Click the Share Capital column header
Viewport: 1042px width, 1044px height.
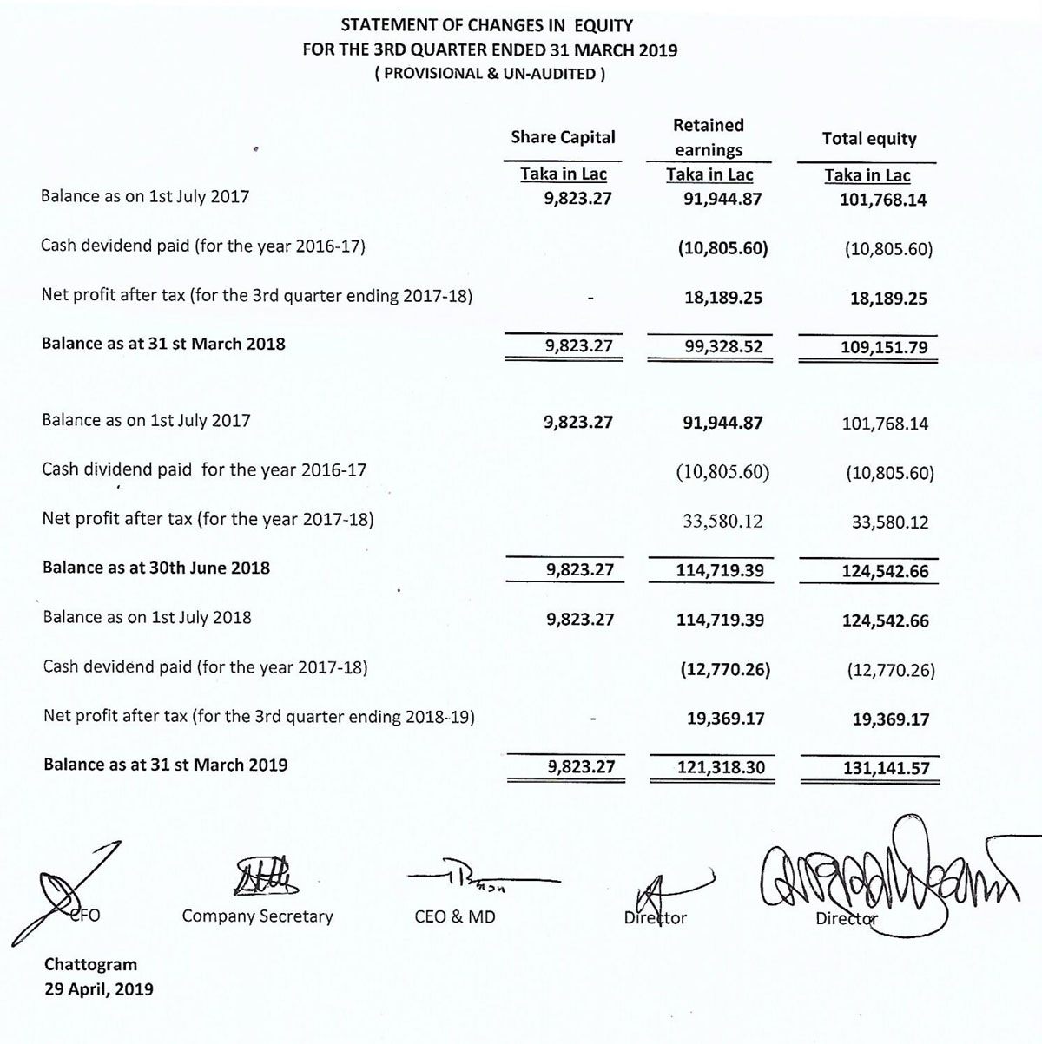click(563, 137)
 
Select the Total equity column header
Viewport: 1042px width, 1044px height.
click(868, 139)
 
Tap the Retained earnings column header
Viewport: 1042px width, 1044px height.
click(709, 137)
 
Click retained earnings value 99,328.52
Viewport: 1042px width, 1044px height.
click(722, 346)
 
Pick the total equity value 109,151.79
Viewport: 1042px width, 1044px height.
click(884, 348)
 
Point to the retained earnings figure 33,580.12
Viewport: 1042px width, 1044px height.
click(722, 521)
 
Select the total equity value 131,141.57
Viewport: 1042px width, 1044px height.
click(886, 768)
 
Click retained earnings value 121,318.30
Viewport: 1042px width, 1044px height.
click(721, 767)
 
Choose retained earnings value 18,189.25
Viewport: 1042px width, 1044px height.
click(723, 298)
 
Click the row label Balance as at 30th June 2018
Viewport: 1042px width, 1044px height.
click(156, 568)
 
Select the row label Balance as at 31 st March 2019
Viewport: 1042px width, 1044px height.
click(165, 765)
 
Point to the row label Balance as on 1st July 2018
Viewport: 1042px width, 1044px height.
click(148, 617)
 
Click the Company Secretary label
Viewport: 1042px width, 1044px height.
click(257, 916)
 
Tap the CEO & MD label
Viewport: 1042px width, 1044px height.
click(455, 916)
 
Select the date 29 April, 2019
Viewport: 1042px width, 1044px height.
click(99, 988)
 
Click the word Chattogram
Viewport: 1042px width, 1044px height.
click(90, 964)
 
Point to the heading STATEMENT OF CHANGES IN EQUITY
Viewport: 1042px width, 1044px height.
click(486, 25)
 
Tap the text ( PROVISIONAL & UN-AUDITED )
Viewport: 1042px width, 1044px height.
click(490, 74)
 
